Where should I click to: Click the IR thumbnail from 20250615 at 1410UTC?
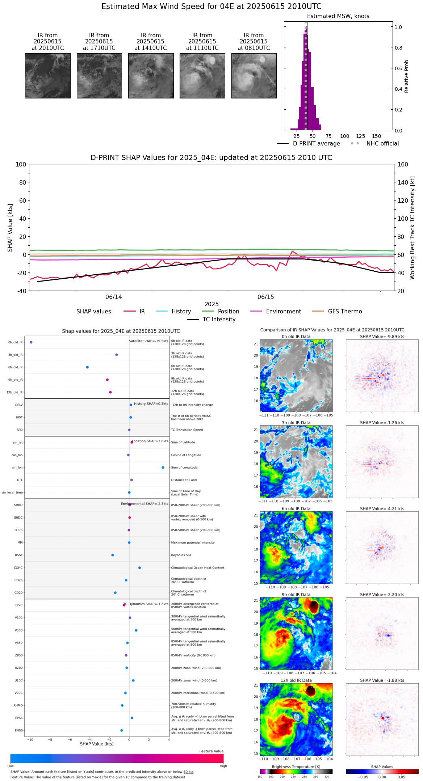(151, 76)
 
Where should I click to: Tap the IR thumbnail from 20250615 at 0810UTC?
(254, 76)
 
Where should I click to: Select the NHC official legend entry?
(382, 144)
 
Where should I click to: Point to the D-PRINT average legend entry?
(316, 144)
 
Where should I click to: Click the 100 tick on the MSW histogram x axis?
(344, 136)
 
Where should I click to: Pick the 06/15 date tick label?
(266, 297)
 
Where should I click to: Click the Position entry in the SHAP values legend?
(228, 312)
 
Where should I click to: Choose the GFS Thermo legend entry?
(345, 312)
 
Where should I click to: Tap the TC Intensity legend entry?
(219, 320)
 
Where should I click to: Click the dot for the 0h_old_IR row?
(31, 342)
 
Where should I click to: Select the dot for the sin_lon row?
(163, 468)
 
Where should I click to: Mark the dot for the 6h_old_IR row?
(87, 367)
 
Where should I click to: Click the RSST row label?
(19, 555)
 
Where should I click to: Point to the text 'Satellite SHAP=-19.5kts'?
(148, 341)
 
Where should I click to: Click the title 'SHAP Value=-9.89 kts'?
(382, 337)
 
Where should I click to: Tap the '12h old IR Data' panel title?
(296, 680)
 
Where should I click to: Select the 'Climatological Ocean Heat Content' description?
(197, 568)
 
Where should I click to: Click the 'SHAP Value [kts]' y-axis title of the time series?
(10, 228)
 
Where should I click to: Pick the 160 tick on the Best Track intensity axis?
(403, 165)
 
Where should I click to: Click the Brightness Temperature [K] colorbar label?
(296, 767)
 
